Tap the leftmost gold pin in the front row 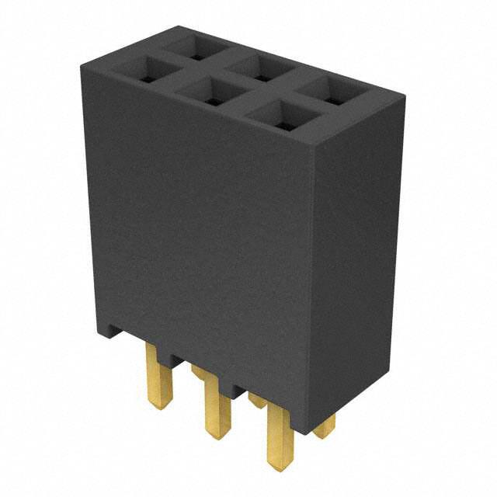point(158,376)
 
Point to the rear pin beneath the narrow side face point(326,425)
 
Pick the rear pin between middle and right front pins point(256,401)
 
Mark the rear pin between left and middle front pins point(200,373)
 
